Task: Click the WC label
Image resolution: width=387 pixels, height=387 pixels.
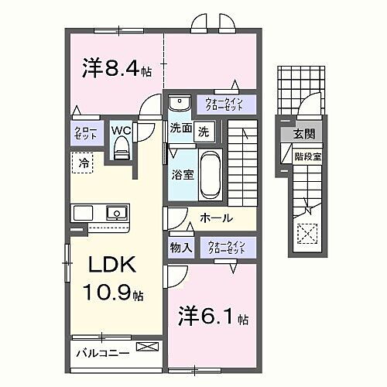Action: pyautogui.click(x=121, y=131)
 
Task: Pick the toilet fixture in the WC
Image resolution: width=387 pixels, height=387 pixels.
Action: pyautogui.click(x=122, y=152)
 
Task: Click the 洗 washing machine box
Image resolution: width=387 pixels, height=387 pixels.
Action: pyautogui.click(x=203, y=130)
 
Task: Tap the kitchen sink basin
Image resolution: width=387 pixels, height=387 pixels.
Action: pyautogui.click(x=116, y=212)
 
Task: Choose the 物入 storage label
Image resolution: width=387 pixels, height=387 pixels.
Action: pyautogui.click(x=180, y=248)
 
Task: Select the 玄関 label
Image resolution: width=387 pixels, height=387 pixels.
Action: pyautogui.click(x=303, y=134)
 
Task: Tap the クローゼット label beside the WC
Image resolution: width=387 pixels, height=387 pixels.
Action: pyautogui.click(x=85, y=132)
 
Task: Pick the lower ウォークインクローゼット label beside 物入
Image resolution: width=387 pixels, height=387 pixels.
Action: pyautogui.click(x=226, y=248)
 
